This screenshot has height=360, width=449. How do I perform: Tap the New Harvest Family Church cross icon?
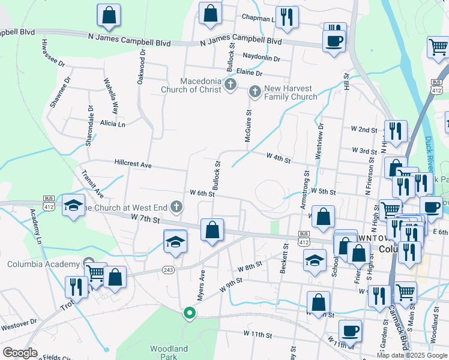click(x=254, y=92)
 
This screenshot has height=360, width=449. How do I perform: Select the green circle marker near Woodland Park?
click(x=190, y=313)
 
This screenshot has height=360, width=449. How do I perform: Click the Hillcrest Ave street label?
click(x=133, y=164)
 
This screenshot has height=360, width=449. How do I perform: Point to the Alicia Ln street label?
click(x=113, y=124)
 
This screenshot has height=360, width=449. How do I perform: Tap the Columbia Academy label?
click(x=43, y=264)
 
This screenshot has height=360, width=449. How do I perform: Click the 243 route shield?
click(x=169, y=270)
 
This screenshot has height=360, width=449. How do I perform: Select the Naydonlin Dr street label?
click(x=262, y=58)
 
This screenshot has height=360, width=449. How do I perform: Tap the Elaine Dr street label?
click(x=250, y=73)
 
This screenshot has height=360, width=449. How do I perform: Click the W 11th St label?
click(x=258, y=333)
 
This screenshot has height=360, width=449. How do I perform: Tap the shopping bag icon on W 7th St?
click(x=212, y=229)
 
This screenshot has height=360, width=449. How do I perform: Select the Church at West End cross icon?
click(x=176, y=208)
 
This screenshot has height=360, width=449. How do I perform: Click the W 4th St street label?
click(x=279, y=160)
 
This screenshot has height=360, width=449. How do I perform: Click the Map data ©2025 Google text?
click(x=411, y=355)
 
